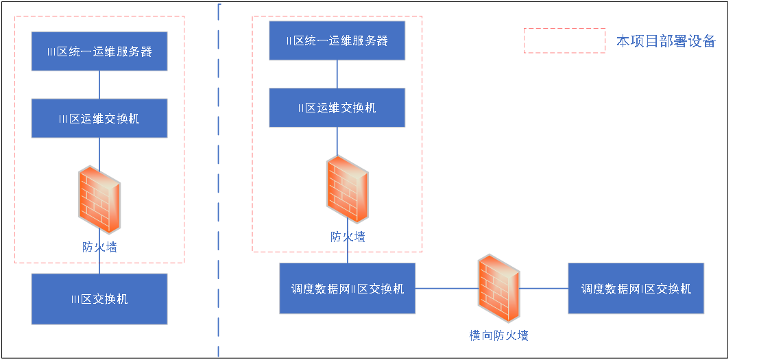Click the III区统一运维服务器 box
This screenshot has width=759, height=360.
99,51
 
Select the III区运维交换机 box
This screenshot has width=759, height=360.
99,118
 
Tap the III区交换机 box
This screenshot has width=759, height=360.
99,299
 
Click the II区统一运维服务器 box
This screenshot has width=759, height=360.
337,40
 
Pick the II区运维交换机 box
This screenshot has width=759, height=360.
337,108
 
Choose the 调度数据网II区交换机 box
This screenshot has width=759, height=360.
347,289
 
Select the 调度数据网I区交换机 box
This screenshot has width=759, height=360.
636,289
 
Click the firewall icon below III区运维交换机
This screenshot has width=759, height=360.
99,200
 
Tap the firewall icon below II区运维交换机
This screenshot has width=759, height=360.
347,189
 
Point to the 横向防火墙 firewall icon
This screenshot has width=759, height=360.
498,289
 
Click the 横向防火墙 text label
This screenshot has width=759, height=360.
498,335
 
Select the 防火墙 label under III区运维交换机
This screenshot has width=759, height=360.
99,247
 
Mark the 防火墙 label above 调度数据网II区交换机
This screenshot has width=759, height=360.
348,237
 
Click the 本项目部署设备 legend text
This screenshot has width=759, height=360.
666,41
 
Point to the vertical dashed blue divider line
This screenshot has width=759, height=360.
219,178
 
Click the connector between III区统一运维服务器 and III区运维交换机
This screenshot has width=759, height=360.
99,84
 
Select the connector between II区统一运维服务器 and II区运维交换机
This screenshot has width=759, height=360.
337,74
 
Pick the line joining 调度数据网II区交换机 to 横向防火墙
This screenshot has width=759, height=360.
446,289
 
